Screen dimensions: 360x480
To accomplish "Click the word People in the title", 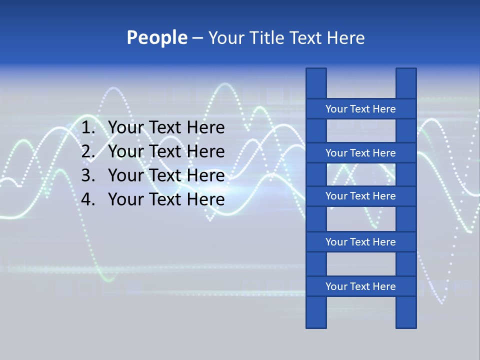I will tap(156, 37).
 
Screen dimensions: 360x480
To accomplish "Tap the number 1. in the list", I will tap(88, 128).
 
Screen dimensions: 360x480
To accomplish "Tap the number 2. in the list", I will tap(88, 151).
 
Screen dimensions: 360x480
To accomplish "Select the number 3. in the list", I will tap(88, 175).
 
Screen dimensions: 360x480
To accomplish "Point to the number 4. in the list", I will tap(88, 199).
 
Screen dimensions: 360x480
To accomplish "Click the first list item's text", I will tap(166, 128).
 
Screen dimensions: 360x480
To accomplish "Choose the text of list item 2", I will tap(166, 151).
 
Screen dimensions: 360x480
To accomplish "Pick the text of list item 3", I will tap(166, 175).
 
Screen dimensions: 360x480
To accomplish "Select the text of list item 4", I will tap(166, 199).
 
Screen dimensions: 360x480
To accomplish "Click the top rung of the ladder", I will tap(360, 109).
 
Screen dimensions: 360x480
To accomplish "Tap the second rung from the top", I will tap(360, 153).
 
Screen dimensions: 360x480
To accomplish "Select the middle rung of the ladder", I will tap(360, 196).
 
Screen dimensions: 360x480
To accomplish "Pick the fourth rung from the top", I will tap(360, 242).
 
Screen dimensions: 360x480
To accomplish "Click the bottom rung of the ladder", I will tap(360, 286).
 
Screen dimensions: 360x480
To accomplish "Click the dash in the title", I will tap(197, 38).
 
